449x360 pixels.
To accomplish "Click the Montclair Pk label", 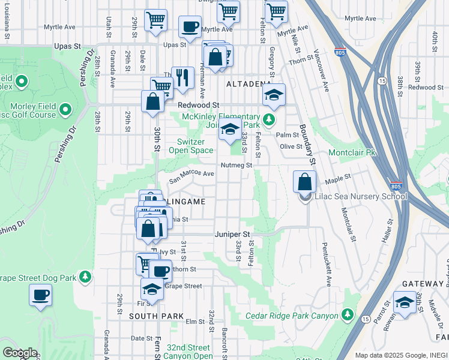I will tap(352, 153).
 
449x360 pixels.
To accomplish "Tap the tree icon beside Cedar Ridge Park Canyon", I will tap(348, 314).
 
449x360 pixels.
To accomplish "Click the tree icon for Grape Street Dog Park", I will tap(86, 277).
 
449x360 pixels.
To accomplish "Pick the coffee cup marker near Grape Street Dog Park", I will tap(40, 295).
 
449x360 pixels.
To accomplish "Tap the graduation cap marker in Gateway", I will tap(405, 302).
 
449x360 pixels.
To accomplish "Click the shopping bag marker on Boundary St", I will tap(305, 182).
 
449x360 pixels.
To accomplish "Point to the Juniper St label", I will tap(232, 234).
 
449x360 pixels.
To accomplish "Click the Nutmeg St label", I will tap(235, 165).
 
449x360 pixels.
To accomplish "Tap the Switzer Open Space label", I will tap(195, 146).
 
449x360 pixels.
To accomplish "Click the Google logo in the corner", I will tap(20, 353).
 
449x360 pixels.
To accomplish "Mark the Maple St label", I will tap(337, 179).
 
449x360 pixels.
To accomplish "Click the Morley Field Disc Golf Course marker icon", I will tap(66, 110).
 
